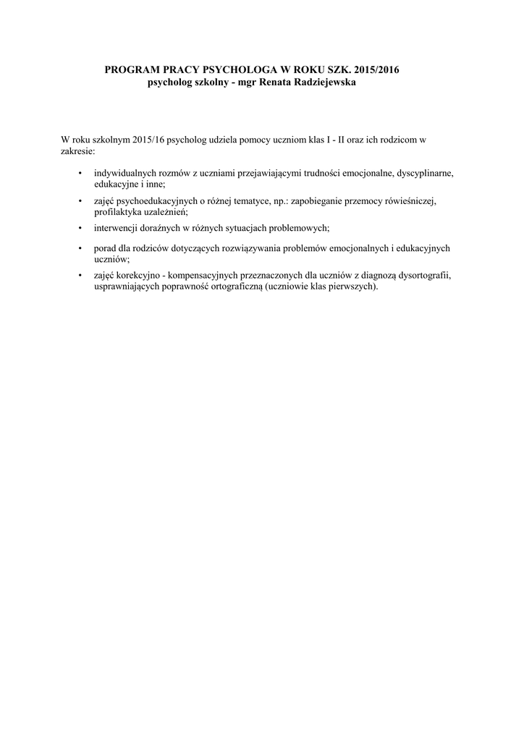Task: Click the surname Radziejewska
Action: point(323,83)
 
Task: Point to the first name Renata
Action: point(266,83)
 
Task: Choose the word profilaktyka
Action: point(117,212)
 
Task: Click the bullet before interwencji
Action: point(80,228)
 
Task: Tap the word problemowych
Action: point(296,228)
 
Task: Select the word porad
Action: point(104,247)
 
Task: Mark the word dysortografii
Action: point(418,275)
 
